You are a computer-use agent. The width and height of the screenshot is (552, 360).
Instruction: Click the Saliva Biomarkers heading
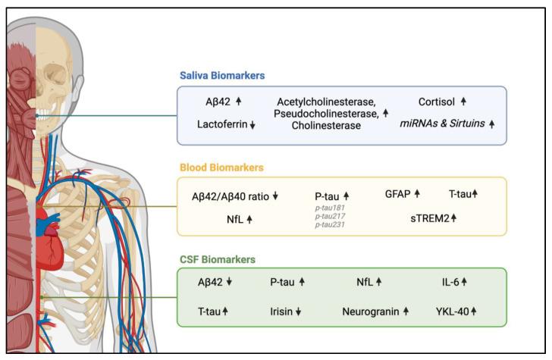[226, 76]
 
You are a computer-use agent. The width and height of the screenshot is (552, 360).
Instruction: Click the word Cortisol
[438, 101]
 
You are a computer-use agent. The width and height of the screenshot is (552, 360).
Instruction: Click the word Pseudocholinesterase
[325, 113]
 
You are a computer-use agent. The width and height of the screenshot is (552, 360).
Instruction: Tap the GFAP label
[397, 194]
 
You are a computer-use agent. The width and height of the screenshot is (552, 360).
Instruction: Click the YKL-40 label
[452, 311]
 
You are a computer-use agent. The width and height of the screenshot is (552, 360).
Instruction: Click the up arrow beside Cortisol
[463, 101]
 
